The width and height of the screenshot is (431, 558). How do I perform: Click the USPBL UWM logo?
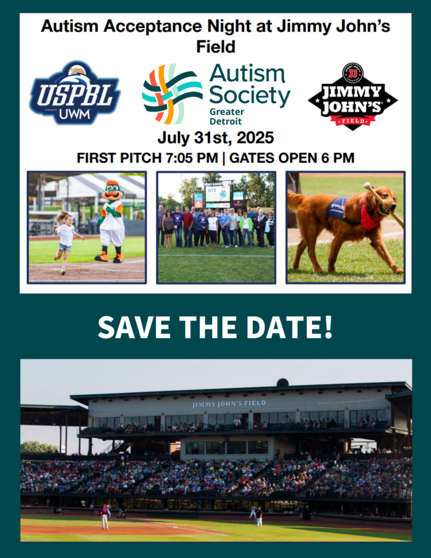75,93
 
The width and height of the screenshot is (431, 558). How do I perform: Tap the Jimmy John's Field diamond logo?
352,96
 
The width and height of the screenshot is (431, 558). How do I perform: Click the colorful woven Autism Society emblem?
171,94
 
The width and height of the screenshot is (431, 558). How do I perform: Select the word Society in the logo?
249,97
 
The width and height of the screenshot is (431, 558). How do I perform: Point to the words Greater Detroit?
226,116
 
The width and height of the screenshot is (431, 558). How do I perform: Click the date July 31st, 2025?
215,138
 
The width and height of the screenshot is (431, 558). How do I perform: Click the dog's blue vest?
338,208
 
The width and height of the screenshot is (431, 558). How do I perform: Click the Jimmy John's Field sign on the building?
229,404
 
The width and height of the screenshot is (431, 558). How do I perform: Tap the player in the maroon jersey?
104,516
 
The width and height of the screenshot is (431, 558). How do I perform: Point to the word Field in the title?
215,46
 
